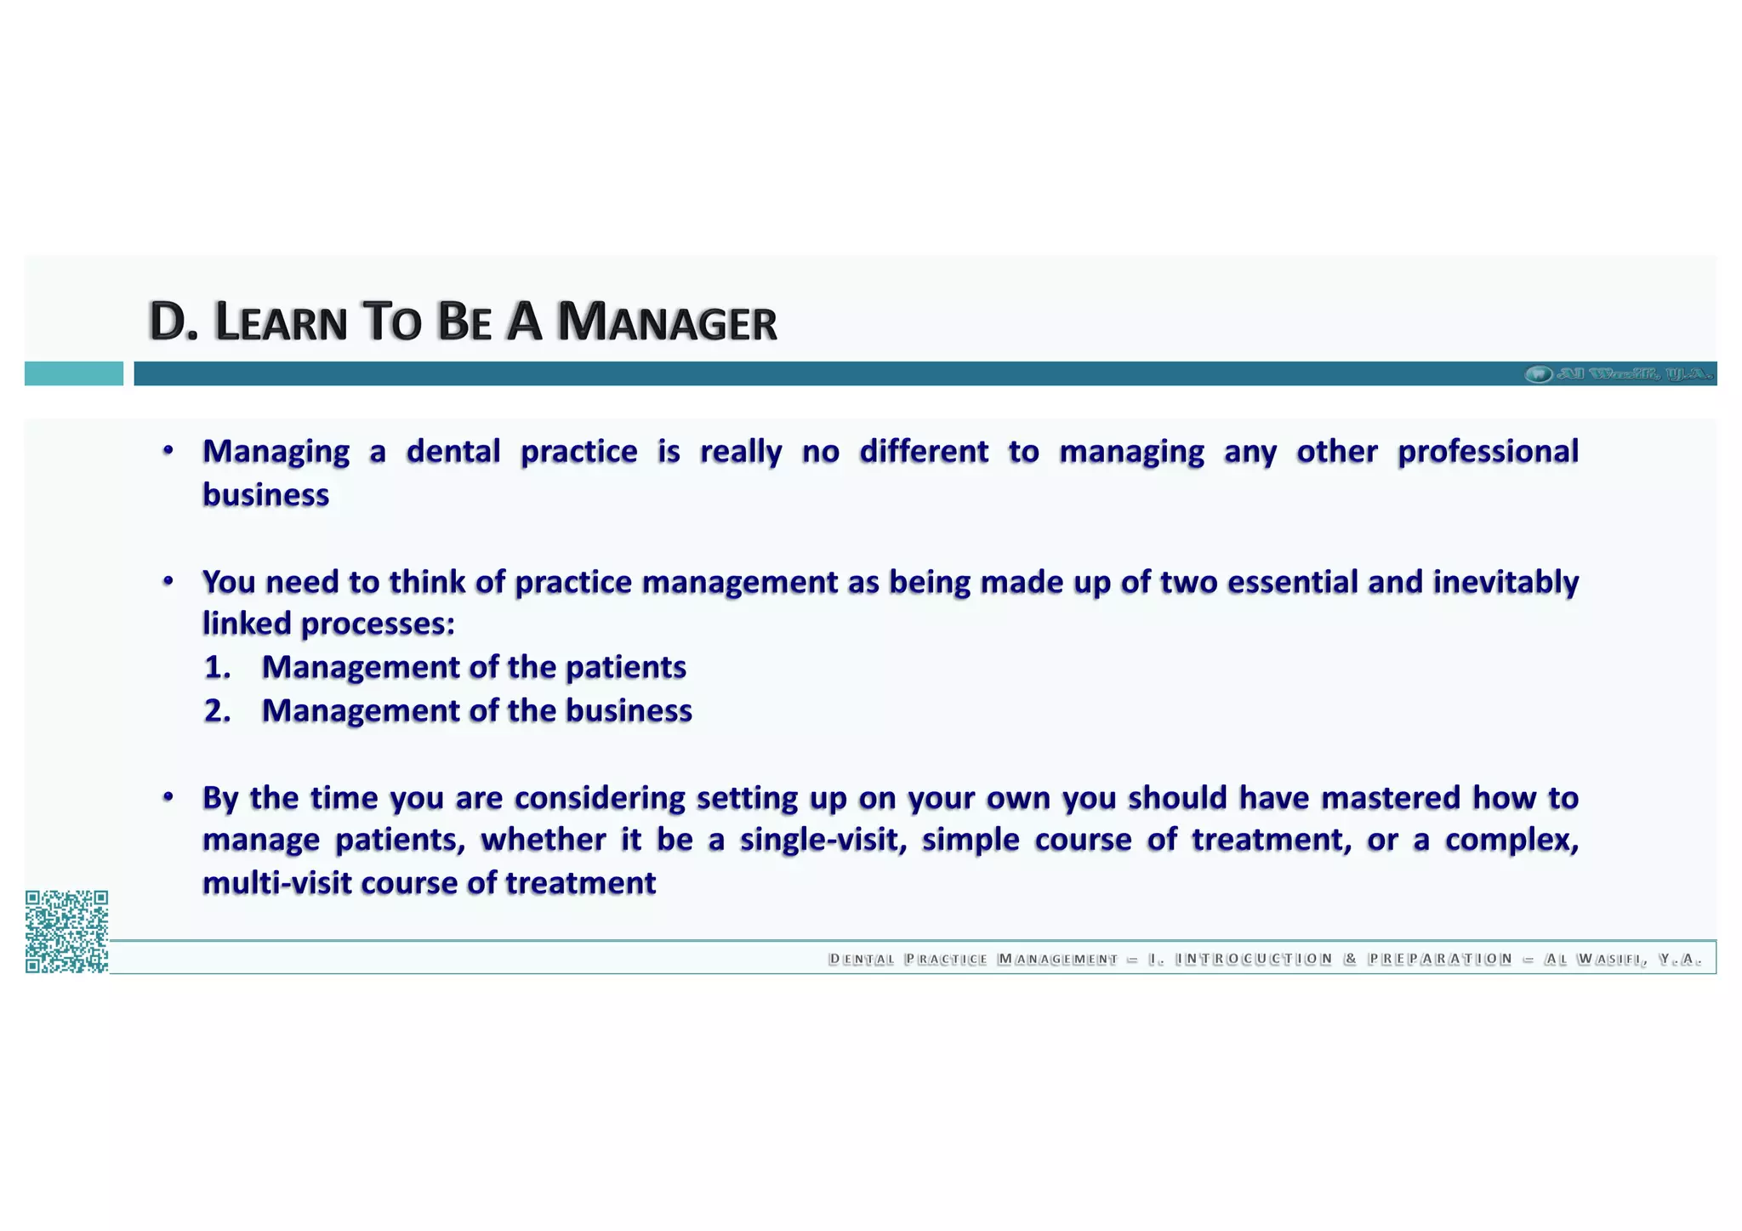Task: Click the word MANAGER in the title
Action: pyautogui.click(x=667, y=323)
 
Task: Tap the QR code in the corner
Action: pyautogui.click(x=66, y=932)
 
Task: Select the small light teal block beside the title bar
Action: pyautogui.click(x=73, y=373)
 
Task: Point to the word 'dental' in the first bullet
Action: pyautogui.click(x=453, y=452)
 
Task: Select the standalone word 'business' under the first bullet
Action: pyautogui.click(x=265, y=495)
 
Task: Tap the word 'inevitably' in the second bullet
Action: pyautogui.click(x=1506, y=582)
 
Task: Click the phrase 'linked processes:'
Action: pyautogui.click(x=328, y=624)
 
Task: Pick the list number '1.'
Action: pyautogui.click(x=218, y=668)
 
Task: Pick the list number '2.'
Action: pyautogui.click(x=218, y=711)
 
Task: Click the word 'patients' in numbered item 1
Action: pyautogui.click(x=625, y=668)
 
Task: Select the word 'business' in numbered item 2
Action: pyautogui.click(x=629, y=711)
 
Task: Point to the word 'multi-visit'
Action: pyautogui.click(x=276, y=884)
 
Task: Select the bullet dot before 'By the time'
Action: pyautogui.click(x=168, y=797)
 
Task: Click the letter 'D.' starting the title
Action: pyautogui.click(x=173, y=322)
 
